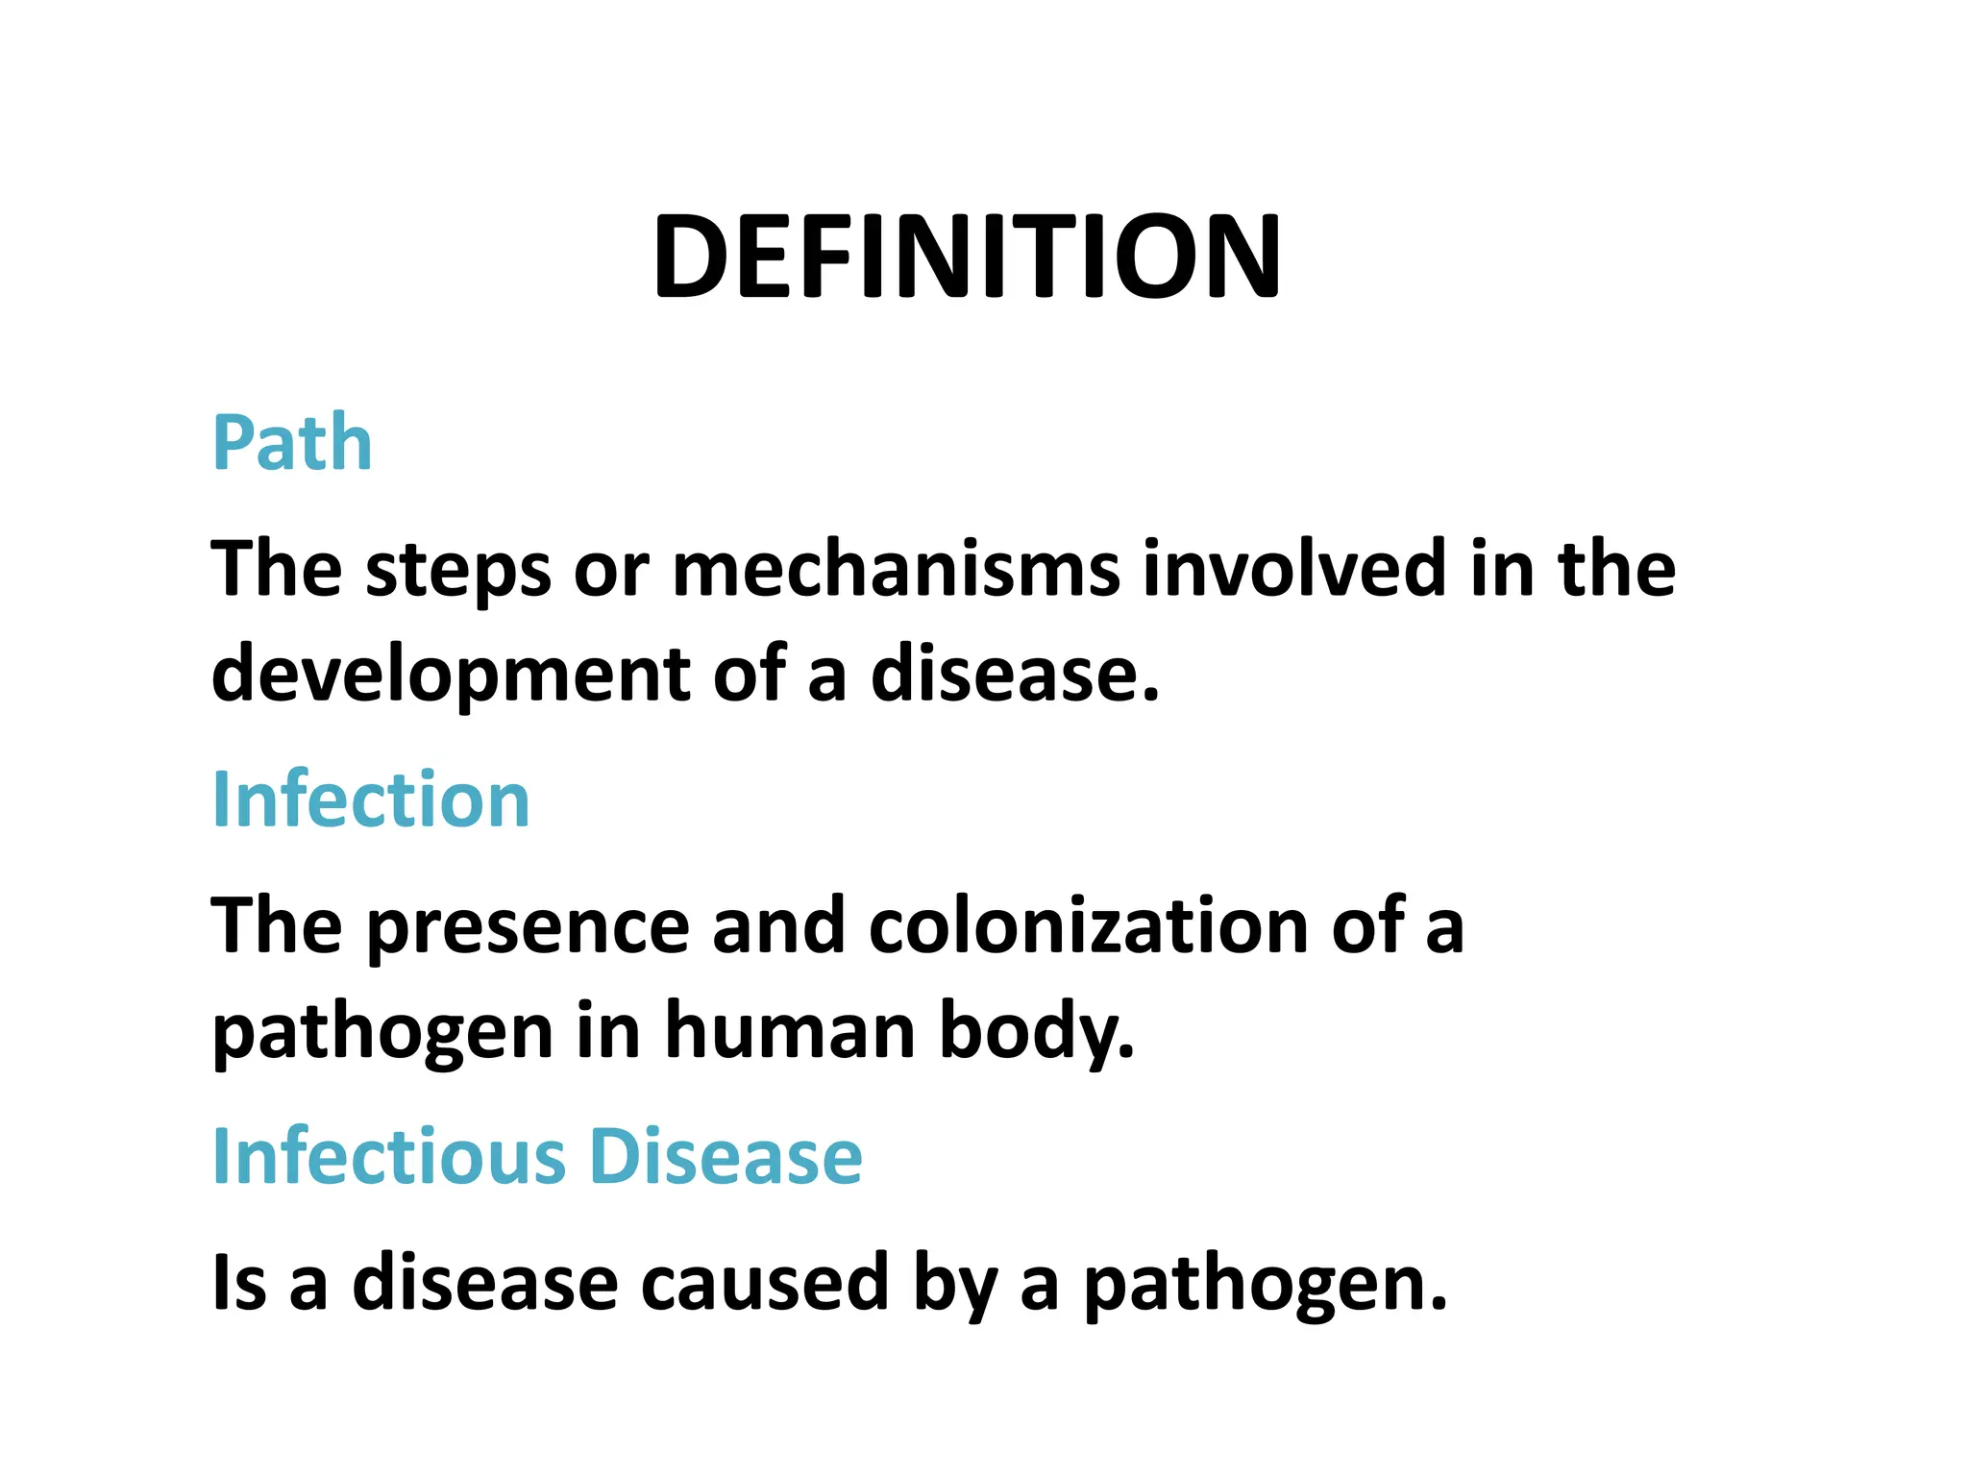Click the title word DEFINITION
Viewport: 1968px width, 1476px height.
coord(967,258)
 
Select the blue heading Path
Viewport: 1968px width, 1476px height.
coord(292,443)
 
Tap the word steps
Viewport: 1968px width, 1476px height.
coord(458,570)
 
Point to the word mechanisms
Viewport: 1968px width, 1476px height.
coord(896,570)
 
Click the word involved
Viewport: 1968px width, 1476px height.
coord(1294,570)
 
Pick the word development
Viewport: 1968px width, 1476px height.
coord(450,675)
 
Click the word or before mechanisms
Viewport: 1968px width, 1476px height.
coord(611,570)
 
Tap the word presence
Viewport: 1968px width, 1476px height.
coord(528,926)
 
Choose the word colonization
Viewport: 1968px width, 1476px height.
coord(1089,926)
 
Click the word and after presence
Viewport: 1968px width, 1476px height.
coord(778,926)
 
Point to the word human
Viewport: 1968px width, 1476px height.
coord(790,1031)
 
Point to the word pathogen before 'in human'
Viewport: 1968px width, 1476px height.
coord(383,1031)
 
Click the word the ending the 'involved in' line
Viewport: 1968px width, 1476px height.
coord(1616,570)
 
